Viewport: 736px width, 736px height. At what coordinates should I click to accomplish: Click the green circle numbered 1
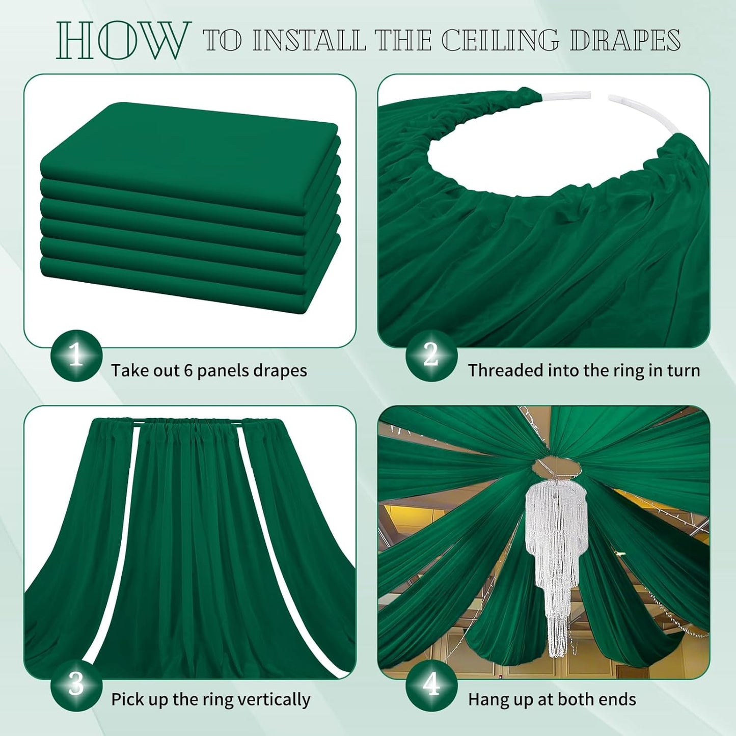click(x=76, y=356)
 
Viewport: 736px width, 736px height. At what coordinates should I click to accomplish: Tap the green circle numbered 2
click(x=431, y=356)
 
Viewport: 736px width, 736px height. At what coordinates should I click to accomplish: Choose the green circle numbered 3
click(x=76, y=685)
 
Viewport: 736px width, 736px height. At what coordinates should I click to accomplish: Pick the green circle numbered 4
click(x=431, y=685)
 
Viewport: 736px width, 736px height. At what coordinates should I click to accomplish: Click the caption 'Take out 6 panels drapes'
click(x=209, y=370)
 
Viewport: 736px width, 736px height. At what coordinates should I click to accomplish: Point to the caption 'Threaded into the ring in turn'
click(x=584, y=370)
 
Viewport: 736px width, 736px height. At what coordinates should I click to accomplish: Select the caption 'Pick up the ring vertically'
click(x=210, y=699)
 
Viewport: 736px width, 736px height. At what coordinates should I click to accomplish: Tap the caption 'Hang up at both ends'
click(x=552, y=699)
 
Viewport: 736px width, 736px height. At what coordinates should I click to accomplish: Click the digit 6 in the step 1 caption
click(x=187, y=370)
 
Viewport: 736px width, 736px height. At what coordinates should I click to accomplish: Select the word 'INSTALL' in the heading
click(x=309, y=40)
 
